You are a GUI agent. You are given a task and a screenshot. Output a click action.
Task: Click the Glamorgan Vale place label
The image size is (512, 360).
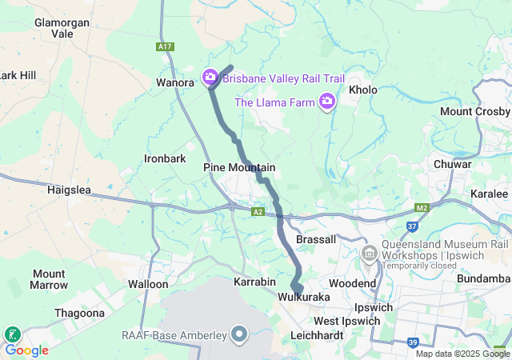[x=62, y=28]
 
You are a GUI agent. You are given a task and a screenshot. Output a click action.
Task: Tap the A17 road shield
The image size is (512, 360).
[x=166, y=47]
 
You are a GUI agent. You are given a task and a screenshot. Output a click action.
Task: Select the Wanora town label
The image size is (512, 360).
[x=175, y=82]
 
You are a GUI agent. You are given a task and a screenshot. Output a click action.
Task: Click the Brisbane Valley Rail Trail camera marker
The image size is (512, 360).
[x=210, y=78]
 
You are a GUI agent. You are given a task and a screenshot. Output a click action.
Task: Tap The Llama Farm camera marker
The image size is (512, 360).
[x=326, y=102]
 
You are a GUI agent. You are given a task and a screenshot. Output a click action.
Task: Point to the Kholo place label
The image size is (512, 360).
[x=362, y=90]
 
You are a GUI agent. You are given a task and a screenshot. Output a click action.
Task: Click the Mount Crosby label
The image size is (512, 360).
[x=475, y=111]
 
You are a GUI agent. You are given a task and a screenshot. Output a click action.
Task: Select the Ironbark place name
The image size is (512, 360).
[x=165, y=158]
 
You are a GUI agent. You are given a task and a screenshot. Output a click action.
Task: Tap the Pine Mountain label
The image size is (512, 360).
[x=239, y=168]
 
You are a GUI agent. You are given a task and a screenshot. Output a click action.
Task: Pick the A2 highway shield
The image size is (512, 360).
[x=258, y=212]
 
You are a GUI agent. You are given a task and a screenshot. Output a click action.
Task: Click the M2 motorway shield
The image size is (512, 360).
[x=423, y=208]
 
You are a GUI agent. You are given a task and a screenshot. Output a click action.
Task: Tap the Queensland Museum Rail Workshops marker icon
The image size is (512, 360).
[x=370, y=254]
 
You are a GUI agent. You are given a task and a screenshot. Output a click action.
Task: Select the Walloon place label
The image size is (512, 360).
[x=148, y=284]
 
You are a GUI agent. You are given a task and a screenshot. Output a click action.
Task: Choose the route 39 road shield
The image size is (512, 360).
[x=412, y=342]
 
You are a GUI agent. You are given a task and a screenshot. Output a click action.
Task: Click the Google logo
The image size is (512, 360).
[x=26, y=350]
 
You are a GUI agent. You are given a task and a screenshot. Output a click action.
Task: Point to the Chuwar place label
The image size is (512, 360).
[x=452, y=164]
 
